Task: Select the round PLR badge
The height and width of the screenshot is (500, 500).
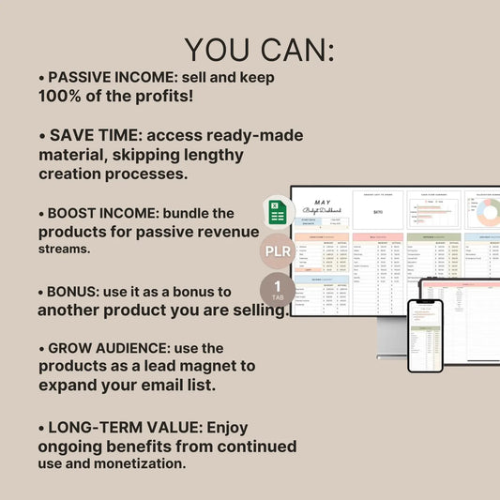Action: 277,252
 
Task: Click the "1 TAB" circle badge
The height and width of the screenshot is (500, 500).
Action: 277,290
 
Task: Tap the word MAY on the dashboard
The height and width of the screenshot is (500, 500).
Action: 324,202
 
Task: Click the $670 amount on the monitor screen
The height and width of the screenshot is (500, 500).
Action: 377,212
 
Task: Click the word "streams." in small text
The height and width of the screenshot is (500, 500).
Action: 66,250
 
